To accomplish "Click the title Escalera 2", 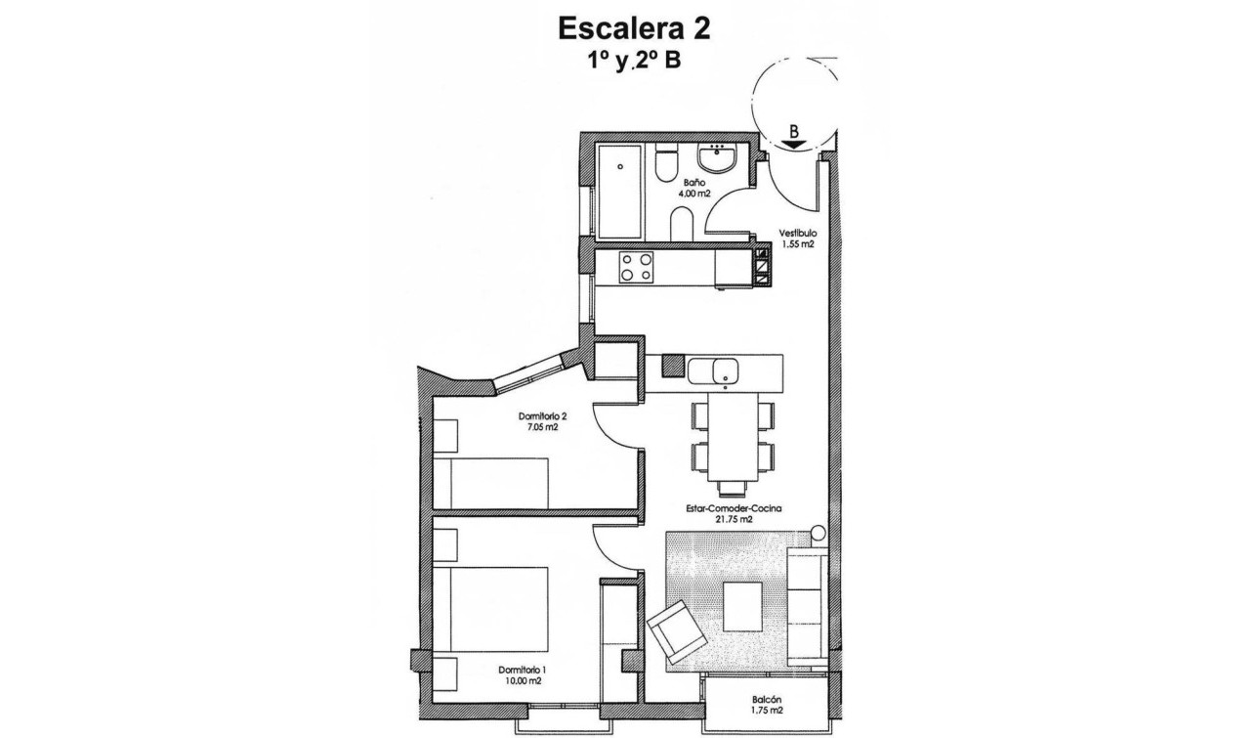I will click(x=634, y=28).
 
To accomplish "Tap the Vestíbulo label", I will click(x=797, y=234).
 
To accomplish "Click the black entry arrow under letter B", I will click(x=795, y=143).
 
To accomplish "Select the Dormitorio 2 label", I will click(x=542, y=415).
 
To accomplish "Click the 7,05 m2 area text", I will click(x=542, y=427).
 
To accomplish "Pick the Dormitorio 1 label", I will click(x=523, y=670).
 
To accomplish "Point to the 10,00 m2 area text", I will click(x=523, y=681).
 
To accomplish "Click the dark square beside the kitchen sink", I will click(x=673, y=367).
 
